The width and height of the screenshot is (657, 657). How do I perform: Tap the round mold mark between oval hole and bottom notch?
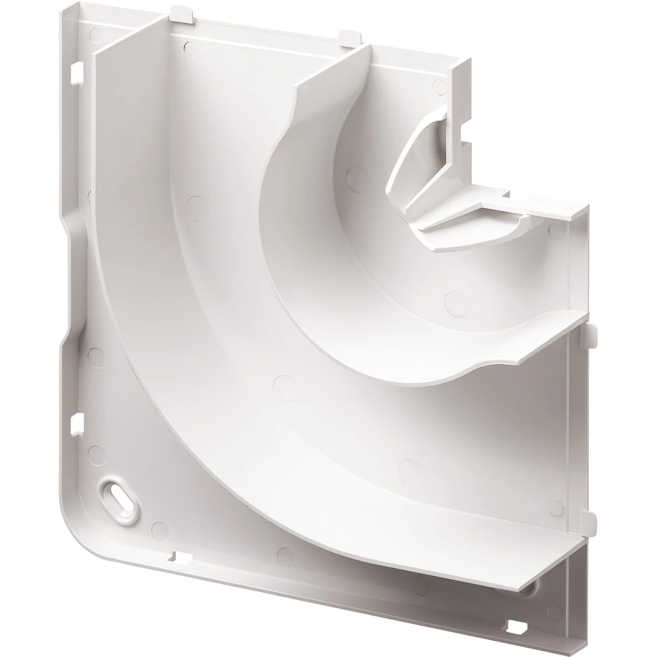tap(159, 528)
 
